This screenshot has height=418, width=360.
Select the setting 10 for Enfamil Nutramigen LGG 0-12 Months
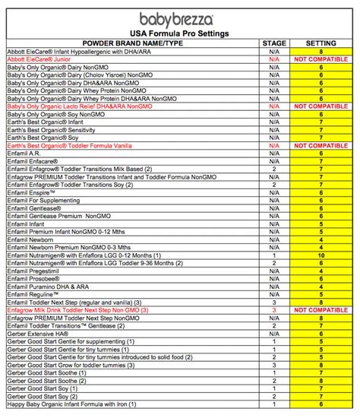click(x=321, y=256)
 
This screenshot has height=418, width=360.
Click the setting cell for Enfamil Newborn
click(x=321, y=240)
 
